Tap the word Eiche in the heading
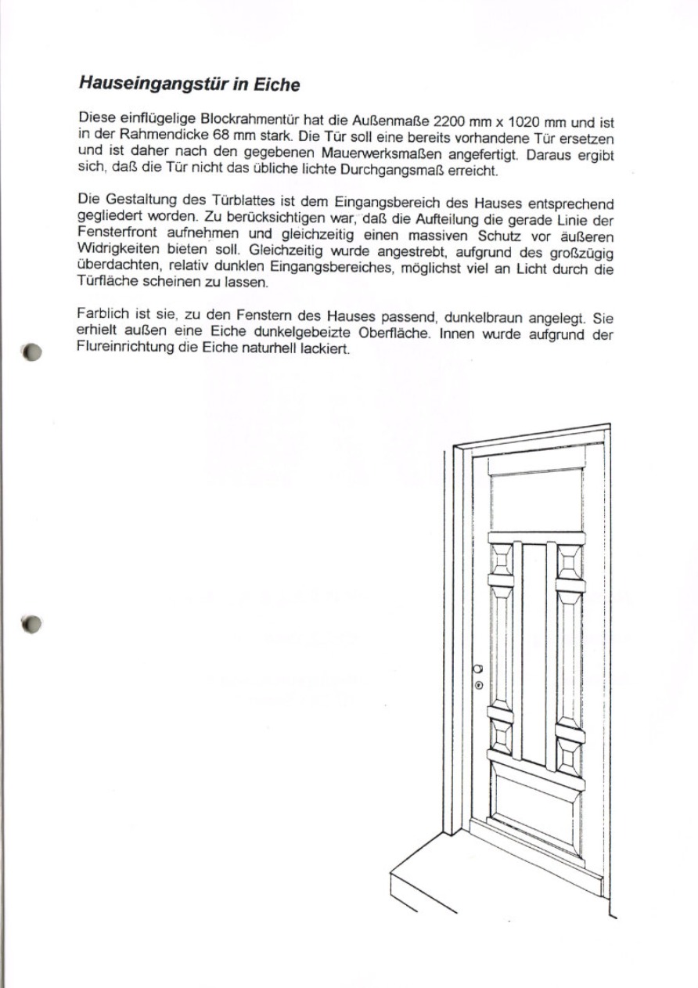pyautogui.click(x=274, y=84)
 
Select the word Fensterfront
pyautogui.click(x=115, y=236)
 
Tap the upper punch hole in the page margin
pyautogui.click(x=32, y=352)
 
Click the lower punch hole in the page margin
pyautogui.click(x=32, y=623)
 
